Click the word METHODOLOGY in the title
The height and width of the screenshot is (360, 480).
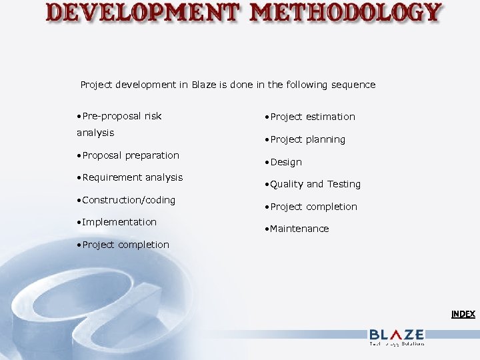(344, 13)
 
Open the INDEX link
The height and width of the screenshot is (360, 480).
(463, 314)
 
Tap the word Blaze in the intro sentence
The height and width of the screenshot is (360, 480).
(203, 85)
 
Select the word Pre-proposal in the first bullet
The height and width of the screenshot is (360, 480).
(109, 116)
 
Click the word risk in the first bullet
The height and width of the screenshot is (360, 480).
(153, 116)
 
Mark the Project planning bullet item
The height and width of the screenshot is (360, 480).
(307, 139)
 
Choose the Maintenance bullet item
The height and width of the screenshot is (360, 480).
(299, 229)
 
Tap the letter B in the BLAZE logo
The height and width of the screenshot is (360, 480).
(375, 335)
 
